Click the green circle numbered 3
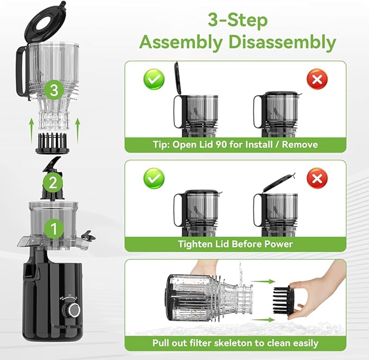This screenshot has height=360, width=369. pyautogui.click(x=53, y=90)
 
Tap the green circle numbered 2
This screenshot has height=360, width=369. pyautogui.click(x=52, y=183)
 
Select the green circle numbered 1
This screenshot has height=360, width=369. pyautogui.click(x=53, y=228)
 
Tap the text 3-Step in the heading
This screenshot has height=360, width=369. pyautogui.click(x=237, y=20)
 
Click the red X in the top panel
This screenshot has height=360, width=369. pyautogui.click(x=317, y=80)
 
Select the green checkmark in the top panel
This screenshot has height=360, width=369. pyautogui.click(x=155, y=80)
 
